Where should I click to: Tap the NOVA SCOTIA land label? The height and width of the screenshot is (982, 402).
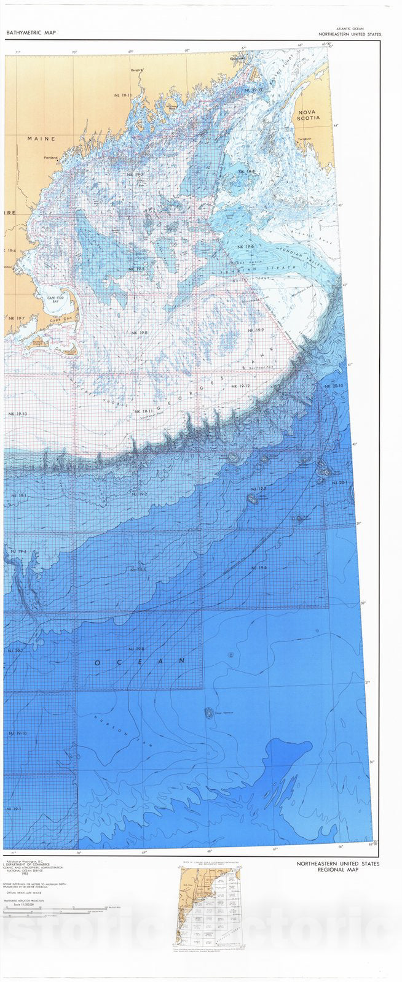click(310, 117)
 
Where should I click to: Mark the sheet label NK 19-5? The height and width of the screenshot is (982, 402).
click(136, 269)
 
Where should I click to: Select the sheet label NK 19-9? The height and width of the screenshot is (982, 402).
click(255, 331)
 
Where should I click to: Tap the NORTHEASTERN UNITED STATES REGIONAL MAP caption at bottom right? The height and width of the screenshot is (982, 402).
click(337, 867)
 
